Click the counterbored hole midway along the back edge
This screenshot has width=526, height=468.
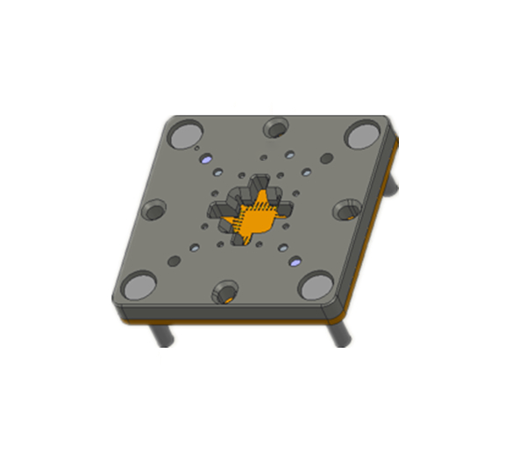coord(277,127)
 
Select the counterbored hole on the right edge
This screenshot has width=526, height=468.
coord(346,208)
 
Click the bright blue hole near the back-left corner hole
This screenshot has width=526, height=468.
coord(207,160)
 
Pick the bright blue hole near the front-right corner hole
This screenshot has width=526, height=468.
coord(295,261)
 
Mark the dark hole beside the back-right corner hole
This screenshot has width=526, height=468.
coord(326,158)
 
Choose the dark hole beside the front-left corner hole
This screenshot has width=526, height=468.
coord(174,261)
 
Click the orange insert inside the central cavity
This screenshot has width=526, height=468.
coord(255,220)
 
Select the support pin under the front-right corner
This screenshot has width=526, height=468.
coord(338,335)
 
